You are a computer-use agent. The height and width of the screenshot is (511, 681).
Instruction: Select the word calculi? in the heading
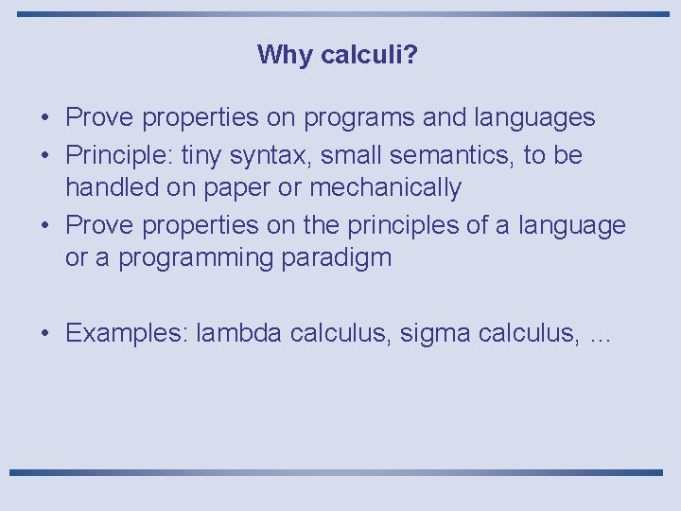(370, 55)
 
